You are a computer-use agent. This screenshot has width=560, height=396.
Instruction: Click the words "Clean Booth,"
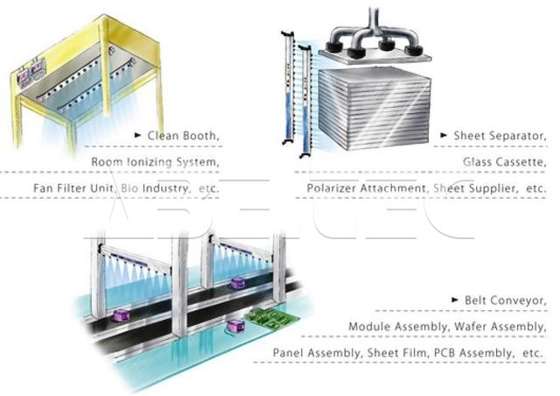point(183,136)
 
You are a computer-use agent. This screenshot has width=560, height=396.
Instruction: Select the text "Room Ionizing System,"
point(156,162)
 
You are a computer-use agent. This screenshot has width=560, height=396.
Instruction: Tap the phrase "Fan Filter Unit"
point(73,187)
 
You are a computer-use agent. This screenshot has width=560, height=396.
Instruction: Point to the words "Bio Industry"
point(154,188)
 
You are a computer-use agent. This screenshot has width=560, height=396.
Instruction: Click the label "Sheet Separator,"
point(500,136)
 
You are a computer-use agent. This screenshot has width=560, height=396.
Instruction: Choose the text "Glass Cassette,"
point(505,162)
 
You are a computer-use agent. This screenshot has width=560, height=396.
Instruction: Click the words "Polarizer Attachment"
point(367,188)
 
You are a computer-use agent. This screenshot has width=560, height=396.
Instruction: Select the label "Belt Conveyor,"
point(506,301)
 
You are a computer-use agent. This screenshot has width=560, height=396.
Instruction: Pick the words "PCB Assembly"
point(472,353)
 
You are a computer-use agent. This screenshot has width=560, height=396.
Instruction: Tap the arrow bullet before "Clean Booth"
point(138,135)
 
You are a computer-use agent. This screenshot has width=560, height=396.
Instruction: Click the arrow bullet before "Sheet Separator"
point(444,135)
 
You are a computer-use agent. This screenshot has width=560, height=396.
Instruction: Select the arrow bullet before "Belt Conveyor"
point(455,300)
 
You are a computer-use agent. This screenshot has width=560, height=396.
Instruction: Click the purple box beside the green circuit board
point(234,327)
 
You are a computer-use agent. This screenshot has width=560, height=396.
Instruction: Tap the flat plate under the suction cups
point(375,57)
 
